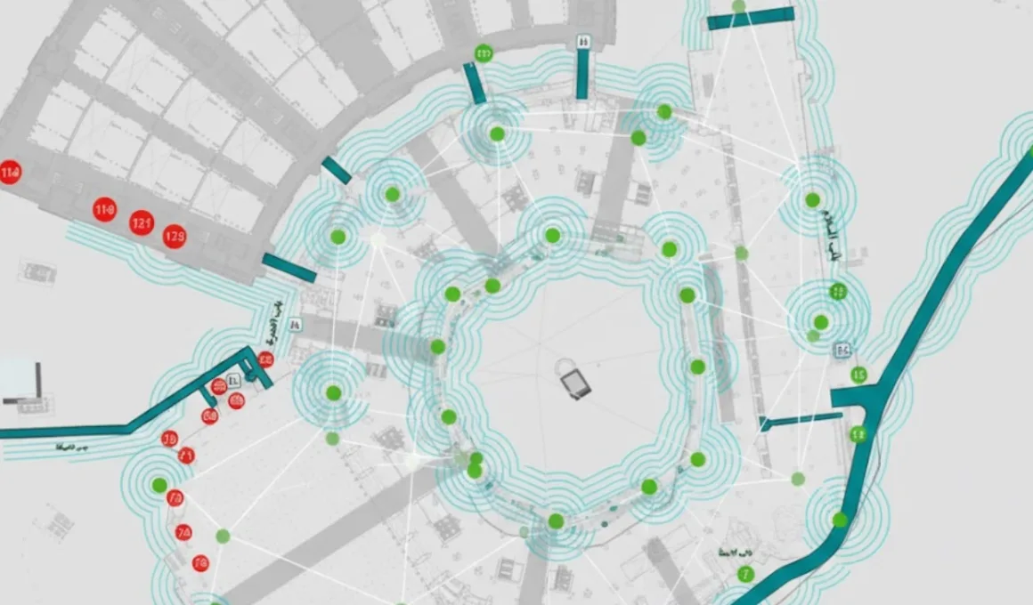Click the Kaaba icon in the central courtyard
pos(575,384)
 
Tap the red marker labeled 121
pos(142,222)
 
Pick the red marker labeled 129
pos(175,235)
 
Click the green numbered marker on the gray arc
pos(484,53)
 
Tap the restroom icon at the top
pos(583,40)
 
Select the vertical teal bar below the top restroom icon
pos(582,73)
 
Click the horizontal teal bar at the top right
pos(750,19)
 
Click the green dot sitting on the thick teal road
pos(840,520)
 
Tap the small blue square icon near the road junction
pos(841,351)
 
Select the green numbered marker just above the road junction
pos(858,375)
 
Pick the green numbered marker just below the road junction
pos(858,434)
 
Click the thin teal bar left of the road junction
pos(801,421)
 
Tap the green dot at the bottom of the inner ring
pos(556,520)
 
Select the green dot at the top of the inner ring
pos(552,236)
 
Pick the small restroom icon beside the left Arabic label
pos(295,324)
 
